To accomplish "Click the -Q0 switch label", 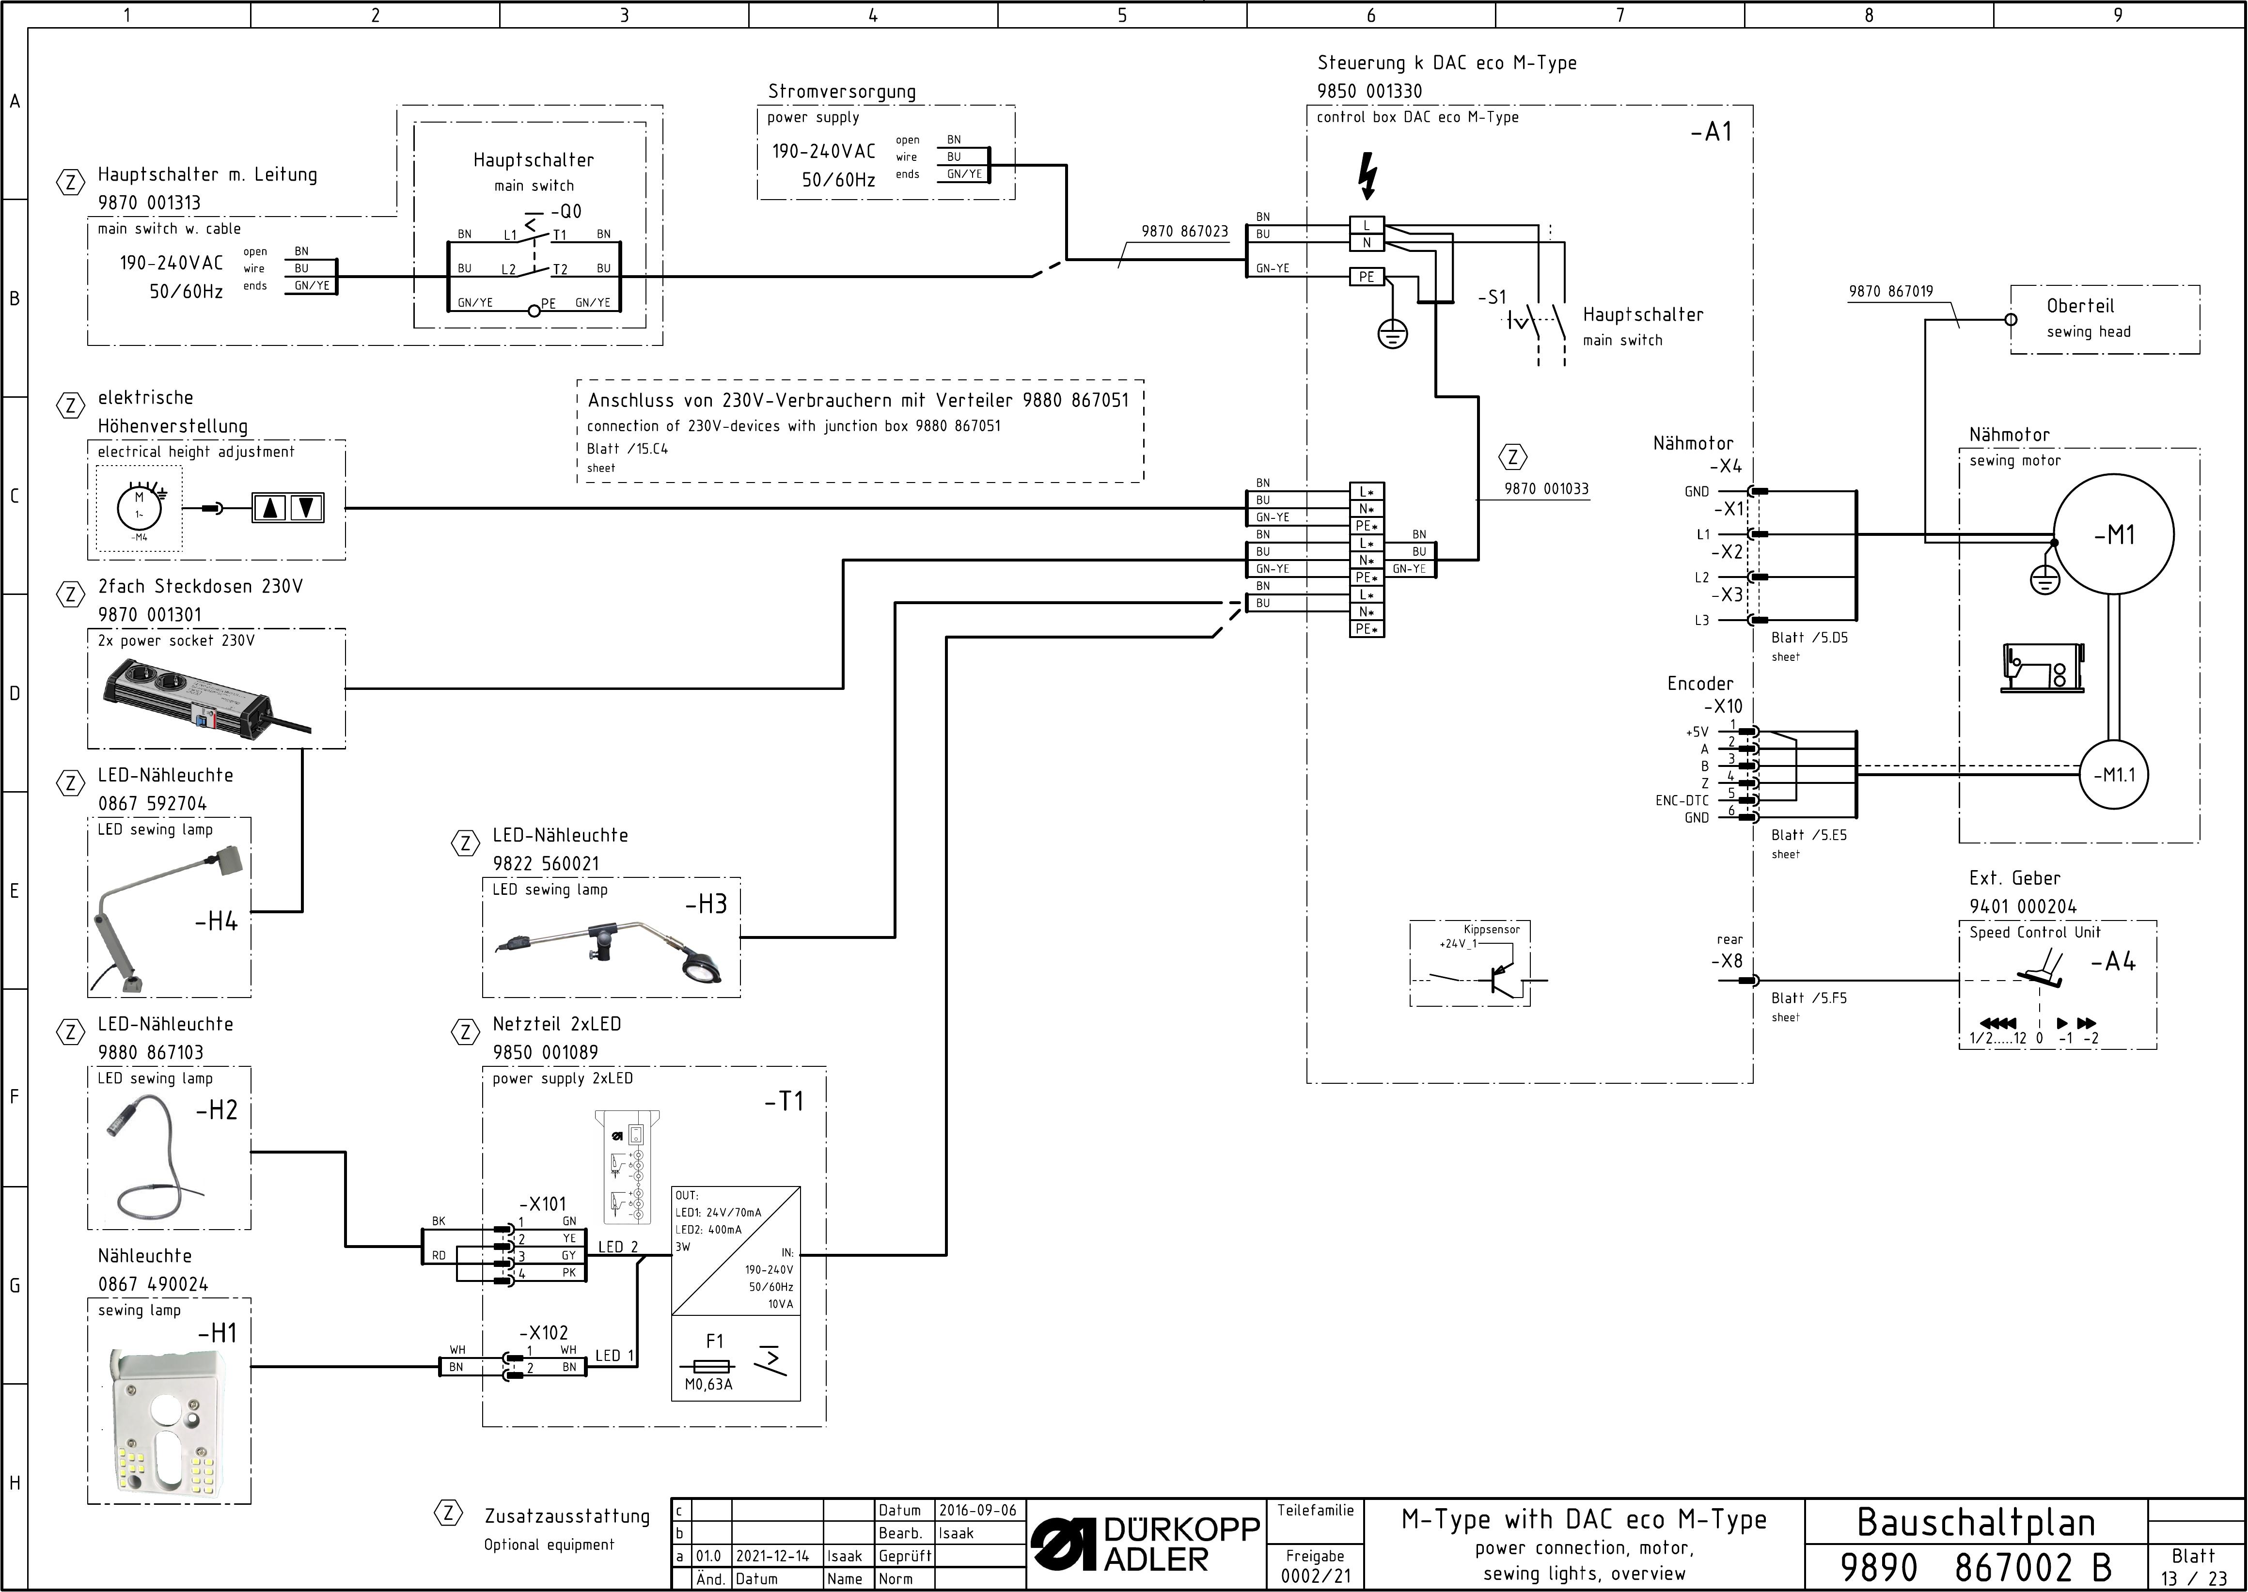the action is (x=566, y=211).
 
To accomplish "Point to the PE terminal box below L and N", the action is (x=1367, y=277).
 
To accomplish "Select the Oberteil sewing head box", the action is (x=2105, y=320).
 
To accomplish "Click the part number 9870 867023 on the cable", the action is (x=1184, y=232).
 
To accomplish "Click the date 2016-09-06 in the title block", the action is (x=977, y=1511).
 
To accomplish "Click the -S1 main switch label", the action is (x=1492, y=297).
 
